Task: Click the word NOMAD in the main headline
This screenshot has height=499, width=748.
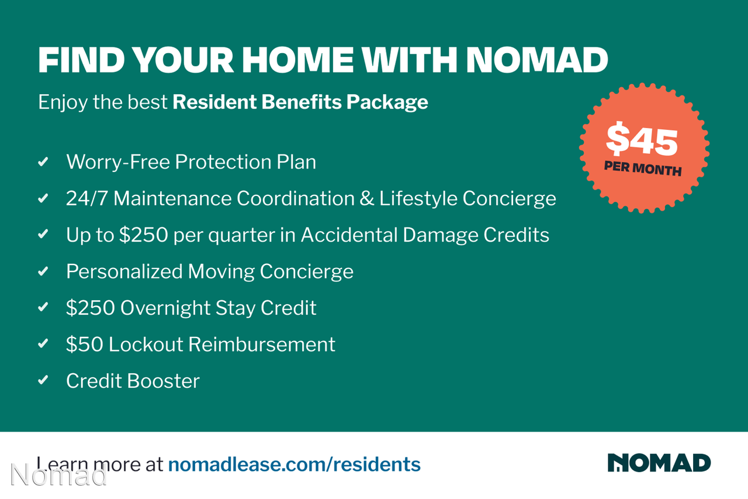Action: [537, 60]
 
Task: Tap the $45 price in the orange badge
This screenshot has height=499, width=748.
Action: [642, 139]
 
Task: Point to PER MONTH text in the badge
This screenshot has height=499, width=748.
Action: [643, 168]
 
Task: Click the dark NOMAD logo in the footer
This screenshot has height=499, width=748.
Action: [659, 463]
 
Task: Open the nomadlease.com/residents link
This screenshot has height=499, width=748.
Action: [294, 464]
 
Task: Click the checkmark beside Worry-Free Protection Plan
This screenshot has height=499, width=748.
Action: [43, 162]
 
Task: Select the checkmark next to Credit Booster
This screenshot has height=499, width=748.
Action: [43, 380]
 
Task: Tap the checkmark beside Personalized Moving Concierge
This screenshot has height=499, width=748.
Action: [43, 271]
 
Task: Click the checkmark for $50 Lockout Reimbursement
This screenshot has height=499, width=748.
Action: [43, 343]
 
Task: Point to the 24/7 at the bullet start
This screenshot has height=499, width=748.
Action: [87, 198]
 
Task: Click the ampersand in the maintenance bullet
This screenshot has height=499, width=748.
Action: [366, 198]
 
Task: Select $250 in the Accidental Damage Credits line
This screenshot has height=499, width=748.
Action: [144, 235]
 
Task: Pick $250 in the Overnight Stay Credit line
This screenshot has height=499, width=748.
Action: [91, 308]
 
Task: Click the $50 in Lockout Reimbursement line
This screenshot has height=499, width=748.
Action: [85, 344]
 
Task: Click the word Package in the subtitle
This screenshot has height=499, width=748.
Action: [387, 102]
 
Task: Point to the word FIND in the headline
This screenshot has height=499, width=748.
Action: [81, 60]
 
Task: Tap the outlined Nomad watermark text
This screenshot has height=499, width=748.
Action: [59, 474]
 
